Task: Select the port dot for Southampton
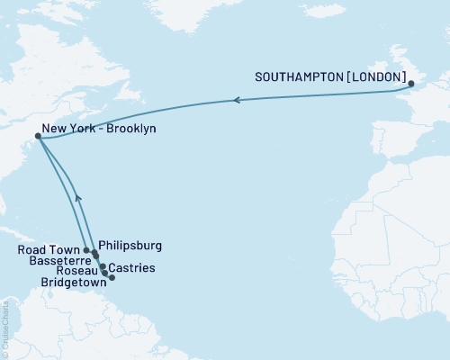tap(411, 85)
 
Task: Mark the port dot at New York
tap(38, 137)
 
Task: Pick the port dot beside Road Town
tap(86, 250)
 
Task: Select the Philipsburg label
tap(130, 244)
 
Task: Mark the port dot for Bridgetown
tap(112, 277)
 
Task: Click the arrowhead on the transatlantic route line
tap(237, 100)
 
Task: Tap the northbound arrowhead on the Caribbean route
tap(78, 196)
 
